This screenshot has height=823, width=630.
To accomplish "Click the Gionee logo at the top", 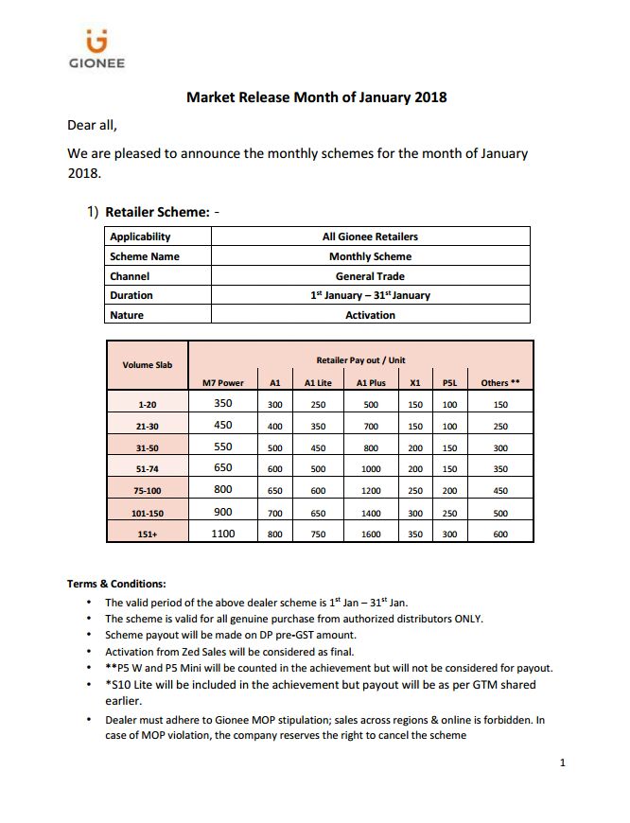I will [96, 50].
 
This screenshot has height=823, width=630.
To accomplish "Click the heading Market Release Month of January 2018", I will [316, 96].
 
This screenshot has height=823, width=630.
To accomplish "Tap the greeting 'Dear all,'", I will [93, 124].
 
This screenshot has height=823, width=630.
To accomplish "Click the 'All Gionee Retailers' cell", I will [370, 236].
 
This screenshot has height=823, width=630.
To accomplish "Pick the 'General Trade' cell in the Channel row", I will [370, 276].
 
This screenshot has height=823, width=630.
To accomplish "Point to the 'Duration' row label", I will [131, 295].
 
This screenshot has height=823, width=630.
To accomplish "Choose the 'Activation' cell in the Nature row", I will [370, 315].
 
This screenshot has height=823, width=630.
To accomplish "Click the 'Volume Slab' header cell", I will [147, 364].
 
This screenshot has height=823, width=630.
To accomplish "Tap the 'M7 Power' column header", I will [223, 382].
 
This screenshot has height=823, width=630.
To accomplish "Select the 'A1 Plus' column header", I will [370, 382].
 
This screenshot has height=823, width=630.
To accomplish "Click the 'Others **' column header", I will [500, 382].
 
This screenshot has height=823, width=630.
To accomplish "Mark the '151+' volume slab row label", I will [147, 534].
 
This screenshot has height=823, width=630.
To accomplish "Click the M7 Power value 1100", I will [223, 534].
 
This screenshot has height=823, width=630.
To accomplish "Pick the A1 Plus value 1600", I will [370, 534].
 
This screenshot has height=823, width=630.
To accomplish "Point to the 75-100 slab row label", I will [147, 491].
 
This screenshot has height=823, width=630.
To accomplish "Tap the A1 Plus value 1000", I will [370, 469].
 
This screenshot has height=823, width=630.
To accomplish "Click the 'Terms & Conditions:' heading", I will [116, 584].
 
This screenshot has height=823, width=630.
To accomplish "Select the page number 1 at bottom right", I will [562, 762].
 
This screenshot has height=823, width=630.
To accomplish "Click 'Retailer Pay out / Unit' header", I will [360, 360].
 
